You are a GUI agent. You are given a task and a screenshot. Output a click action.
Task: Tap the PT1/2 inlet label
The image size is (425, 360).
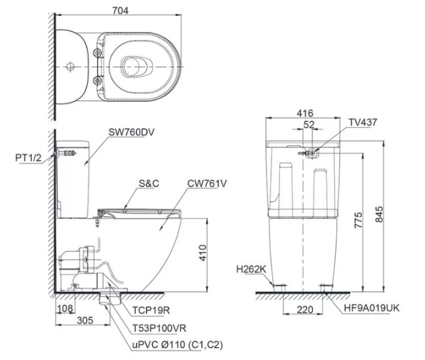tap(27, 158)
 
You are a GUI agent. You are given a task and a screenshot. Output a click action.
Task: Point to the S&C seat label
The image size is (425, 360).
tap(148, 184)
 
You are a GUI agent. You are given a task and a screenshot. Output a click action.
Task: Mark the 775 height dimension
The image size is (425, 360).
tap(358, 218)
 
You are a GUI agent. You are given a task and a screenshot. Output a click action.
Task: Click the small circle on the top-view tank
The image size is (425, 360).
tap(70, 65)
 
